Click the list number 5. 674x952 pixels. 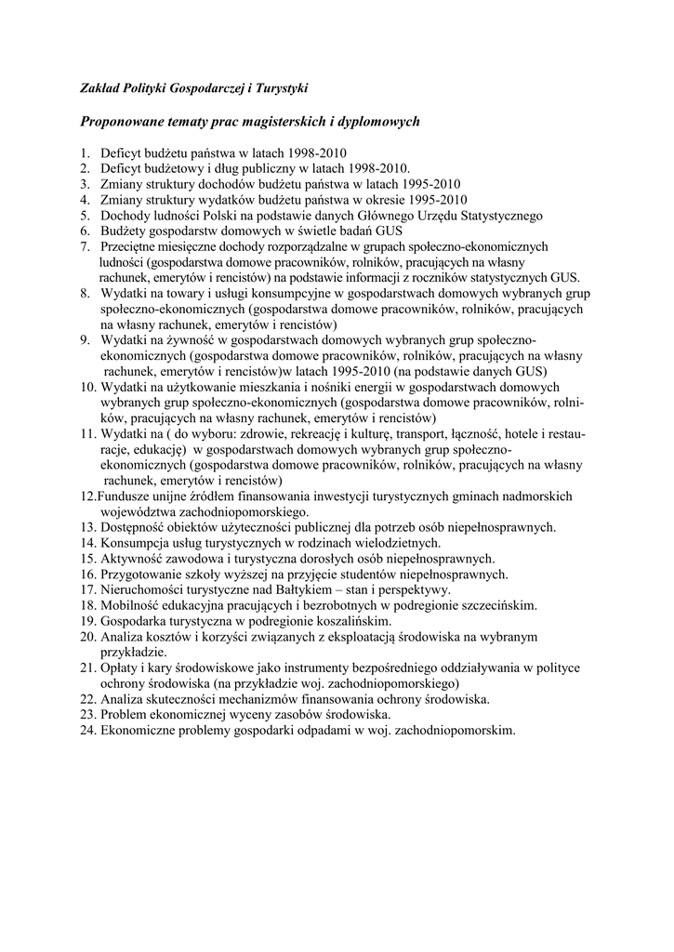[x=83, y=216]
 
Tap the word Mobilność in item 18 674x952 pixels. [x=132, y=606]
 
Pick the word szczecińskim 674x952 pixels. [x=494, y=606]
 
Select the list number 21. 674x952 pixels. [x=87, y=668]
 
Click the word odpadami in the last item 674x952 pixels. [x=298, y=731]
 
